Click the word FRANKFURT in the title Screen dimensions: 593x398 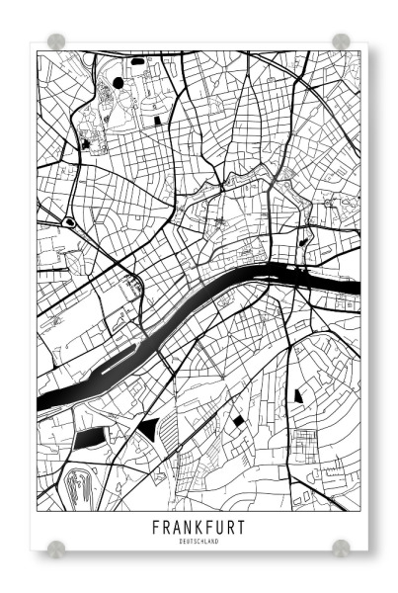point(199,527)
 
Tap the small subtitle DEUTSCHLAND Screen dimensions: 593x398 point(199,542)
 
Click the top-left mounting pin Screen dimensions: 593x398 point(56,42)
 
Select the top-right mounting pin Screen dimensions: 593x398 point(341,42)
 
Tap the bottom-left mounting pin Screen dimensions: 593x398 point(56,548)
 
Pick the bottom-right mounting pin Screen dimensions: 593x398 point(341,548)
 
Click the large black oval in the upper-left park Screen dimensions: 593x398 point(119,83)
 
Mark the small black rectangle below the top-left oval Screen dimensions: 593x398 point(160,120)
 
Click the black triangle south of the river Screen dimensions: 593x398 point(149,428)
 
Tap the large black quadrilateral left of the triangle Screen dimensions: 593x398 point(89,438)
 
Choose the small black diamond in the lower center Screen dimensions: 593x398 point(238,421)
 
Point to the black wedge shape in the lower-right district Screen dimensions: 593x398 point(297,395)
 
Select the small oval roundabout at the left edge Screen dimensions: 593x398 point(69,222)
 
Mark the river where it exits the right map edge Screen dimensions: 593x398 point(354,288)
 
